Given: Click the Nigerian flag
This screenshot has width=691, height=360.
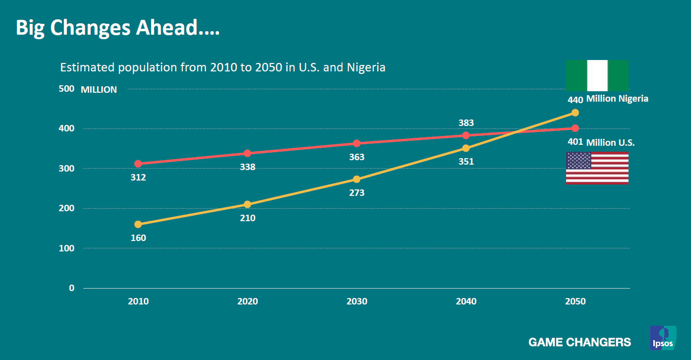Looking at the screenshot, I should pos(597,75).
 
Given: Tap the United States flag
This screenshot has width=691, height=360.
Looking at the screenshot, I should pos(597,168).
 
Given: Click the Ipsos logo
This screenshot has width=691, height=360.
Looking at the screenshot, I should pos(663,338).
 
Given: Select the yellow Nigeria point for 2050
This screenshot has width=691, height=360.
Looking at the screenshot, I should pos(575,113).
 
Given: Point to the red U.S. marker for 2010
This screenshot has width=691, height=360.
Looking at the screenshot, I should pos(138,164).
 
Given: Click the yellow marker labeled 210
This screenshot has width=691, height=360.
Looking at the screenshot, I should pos(247,204).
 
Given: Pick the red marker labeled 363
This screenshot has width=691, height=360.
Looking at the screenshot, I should pos(357,143).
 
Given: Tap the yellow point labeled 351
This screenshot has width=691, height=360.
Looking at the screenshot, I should pos(466,148).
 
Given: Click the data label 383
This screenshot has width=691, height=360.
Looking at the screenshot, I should pos(466,122).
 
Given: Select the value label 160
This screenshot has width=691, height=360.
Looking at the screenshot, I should pos(138,238).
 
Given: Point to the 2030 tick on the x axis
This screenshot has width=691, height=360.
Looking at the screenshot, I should pos(357,301).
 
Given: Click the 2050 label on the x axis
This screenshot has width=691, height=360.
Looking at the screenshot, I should pos(575,301).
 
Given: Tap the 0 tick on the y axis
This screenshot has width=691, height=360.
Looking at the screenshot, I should pos(72,288).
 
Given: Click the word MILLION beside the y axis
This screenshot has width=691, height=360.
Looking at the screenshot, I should pos(99,90).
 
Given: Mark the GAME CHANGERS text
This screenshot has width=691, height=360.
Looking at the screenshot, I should pos(579,342).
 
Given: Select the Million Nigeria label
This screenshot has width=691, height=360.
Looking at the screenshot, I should pos(617,99).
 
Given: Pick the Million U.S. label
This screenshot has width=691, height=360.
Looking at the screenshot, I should pos(610,143).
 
